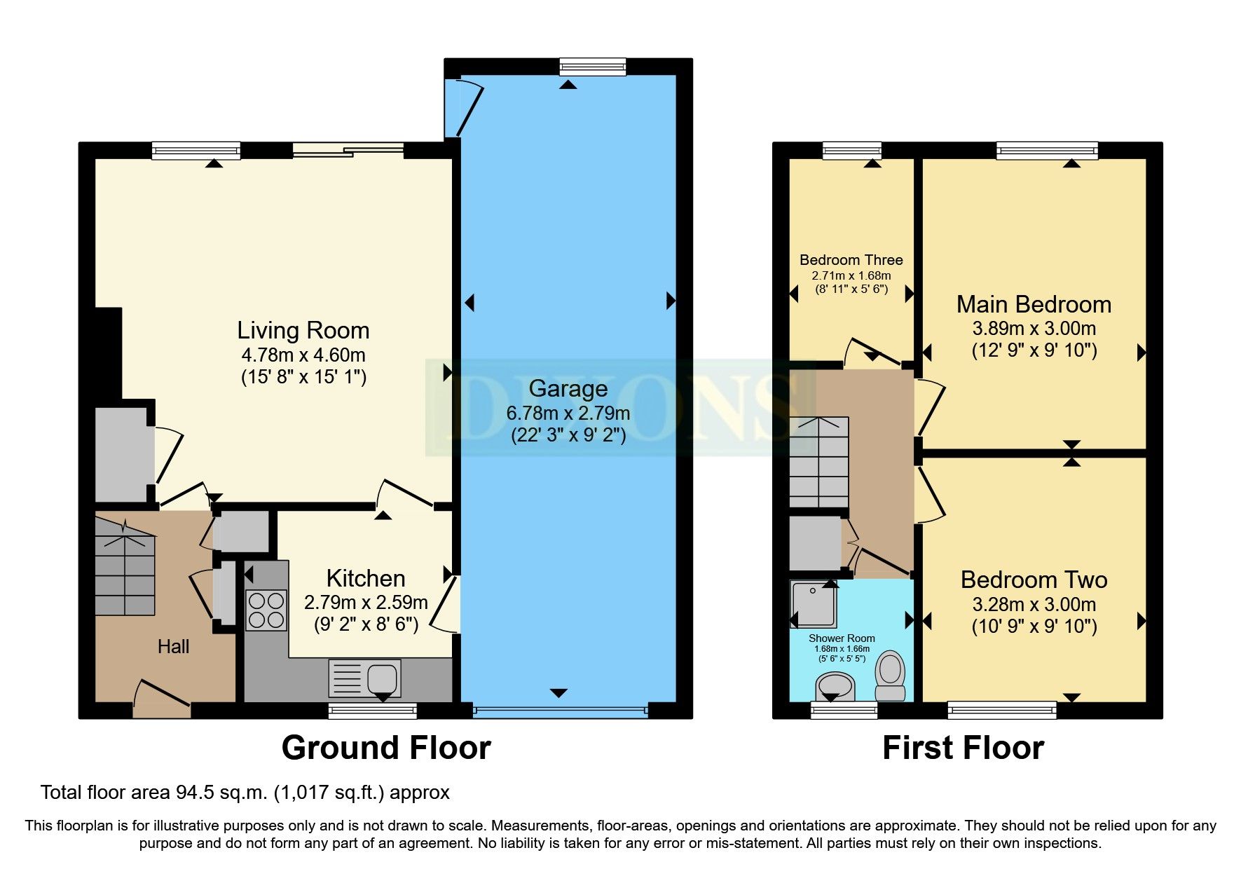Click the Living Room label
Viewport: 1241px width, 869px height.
point(303,330)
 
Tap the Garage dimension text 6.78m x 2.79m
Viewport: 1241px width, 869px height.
point(568,413)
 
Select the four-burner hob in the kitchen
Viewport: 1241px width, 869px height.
point(266,610)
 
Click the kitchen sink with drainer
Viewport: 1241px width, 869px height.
point(364,678)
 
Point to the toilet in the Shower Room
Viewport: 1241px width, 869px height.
point(891,674)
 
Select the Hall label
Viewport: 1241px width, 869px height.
point(173,646)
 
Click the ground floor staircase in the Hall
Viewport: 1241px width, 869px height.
point(125,568)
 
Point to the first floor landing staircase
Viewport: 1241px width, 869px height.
point(818,463)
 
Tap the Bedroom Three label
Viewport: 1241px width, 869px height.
point(851,260)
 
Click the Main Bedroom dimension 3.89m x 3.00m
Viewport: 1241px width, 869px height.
point(1034,328)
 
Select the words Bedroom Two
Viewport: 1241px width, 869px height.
point(1034,580)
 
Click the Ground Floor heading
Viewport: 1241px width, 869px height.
point(386,748)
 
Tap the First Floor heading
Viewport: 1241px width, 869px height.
point(963,748)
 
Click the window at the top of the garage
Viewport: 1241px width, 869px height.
point(592,67)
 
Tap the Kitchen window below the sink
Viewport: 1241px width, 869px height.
point(373,711)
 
